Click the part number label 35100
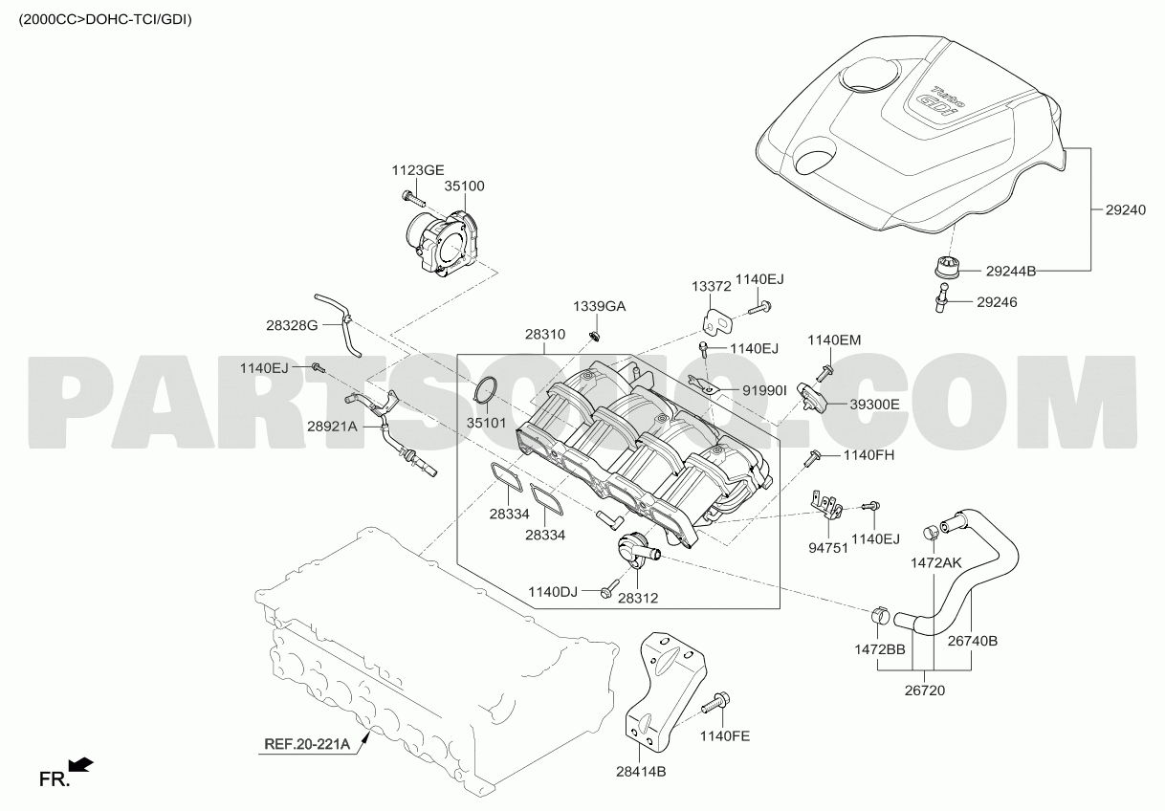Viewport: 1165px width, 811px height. click(464, 187)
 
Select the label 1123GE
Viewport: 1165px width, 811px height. click(417, 170)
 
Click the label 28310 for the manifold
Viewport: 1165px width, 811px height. click(545, 336)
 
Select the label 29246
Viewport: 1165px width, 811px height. click(997, 302)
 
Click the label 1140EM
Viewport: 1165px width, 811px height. click(834, 340)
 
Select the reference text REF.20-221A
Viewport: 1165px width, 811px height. click(307, 742)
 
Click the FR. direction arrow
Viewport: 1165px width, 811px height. click(82, 764)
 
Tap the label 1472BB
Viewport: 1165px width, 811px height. click(879, 648)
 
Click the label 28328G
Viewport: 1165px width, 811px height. click(292, 325)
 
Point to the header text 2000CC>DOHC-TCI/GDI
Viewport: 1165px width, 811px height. click(105, 18)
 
